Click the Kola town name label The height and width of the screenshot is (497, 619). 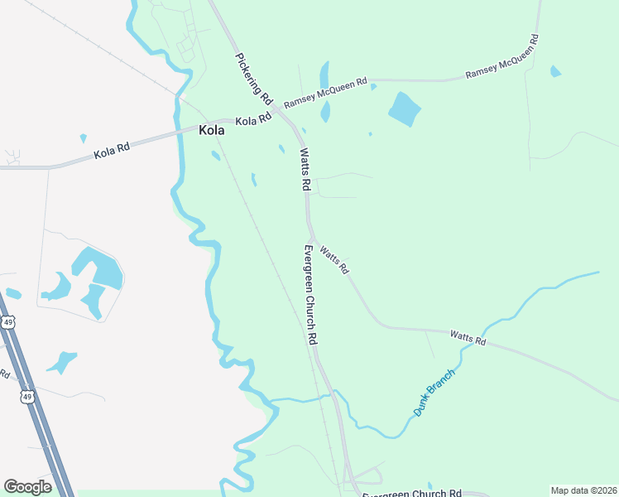(x=211, y=130)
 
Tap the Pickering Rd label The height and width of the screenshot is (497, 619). (x=254, y=79)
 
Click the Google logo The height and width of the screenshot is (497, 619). (x=27, y=487)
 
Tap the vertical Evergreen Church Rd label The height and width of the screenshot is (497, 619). (x=310, y=295)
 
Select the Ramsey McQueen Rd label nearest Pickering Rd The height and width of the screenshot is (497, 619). (x=325, y=92)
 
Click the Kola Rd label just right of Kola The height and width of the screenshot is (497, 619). (x=253, y=120)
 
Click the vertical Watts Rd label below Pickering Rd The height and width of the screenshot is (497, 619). (x=305, y=168)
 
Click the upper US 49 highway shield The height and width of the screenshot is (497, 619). (x=7, y=321)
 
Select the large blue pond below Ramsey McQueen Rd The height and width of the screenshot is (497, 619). (x=405, y=109)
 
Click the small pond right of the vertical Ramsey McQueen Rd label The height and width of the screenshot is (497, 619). (x=555, y=71)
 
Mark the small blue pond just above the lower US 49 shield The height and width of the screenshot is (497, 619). (x=61, y=362)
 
